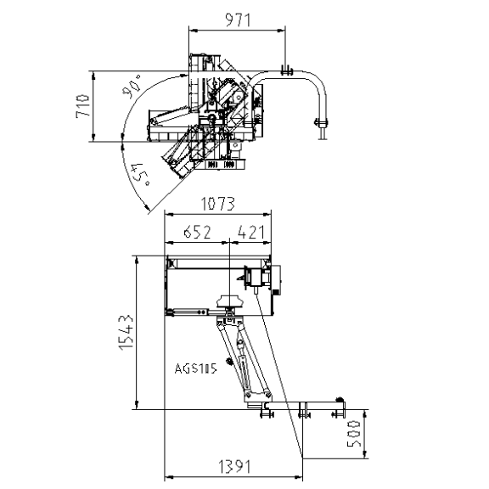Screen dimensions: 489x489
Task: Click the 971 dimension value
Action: (238, 20)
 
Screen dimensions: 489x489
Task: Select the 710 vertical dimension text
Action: (82, 106)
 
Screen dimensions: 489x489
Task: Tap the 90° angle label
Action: (132, 86)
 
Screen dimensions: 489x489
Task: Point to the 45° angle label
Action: (140, 174)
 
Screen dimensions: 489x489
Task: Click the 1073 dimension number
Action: (217, 204)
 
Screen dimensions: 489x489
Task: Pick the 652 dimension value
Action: (197, 232)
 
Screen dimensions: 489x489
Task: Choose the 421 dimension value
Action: (251, 232)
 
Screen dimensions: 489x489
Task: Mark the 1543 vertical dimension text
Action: (126, 333)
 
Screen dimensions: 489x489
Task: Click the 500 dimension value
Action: (354, 434)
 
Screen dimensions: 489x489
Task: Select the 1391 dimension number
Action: (234, 467)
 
